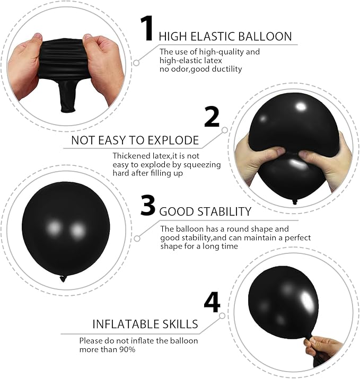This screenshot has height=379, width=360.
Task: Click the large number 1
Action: point(147,28)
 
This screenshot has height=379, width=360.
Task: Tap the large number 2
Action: point(212,117)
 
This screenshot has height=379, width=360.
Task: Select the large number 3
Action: point(148,206)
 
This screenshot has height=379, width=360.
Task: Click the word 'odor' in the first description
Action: point(180,69)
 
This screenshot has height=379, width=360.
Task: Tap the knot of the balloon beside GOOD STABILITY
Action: point(64,278)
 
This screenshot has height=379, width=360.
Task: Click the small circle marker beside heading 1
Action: point(136,63)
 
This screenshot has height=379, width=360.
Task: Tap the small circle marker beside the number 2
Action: point(225,129)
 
